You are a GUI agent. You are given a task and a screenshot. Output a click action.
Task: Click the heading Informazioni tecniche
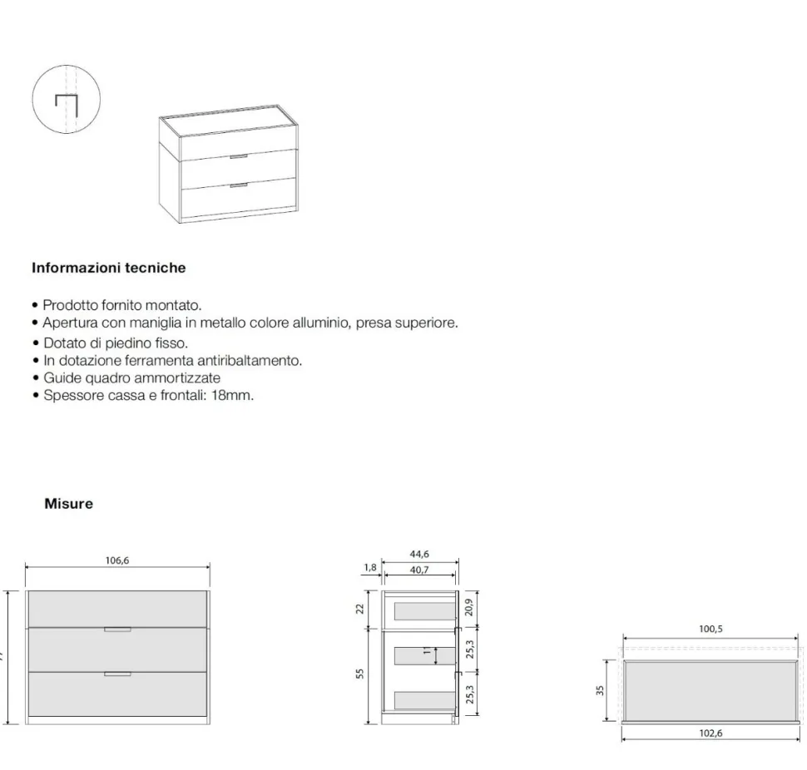click(109, 268)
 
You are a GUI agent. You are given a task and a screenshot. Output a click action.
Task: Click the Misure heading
click(68, 504)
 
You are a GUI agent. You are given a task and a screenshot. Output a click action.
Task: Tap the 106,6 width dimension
click(116, 560)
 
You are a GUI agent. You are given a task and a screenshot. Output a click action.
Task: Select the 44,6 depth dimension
click(419, 554)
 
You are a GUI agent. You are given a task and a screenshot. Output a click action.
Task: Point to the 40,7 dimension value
click(419, 570)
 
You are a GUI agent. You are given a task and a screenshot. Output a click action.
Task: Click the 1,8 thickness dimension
click(370, 567)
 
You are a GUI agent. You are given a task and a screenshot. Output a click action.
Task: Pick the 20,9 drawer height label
click(468, 608)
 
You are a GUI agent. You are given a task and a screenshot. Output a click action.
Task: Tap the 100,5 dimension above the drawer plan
click(710, 629)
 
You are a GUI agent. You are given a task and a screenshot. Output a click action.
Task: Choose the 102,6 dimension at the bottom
click(710, 733)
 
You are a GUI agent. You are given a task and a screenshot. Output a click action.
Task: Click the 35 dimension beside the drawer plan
click(600, 691)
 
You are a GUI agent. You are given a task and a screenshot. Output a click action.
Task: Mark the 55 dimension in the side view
click(359, 674)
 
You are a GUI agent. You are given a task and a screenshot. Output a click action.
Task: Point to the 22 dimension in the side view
click(359, 609)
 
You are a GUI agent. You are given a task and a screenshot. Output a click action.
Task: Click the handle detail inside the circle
click(67, 106)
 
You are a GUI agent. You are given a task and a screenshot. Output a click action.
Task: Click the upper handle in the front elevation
click(117, 629)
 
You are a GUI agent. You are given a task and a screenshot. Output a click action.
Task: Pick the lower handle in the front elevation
click(117, 674)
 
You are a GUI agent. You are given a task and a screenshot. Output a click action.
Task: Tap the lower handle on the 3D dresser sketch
click(239, 185)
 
